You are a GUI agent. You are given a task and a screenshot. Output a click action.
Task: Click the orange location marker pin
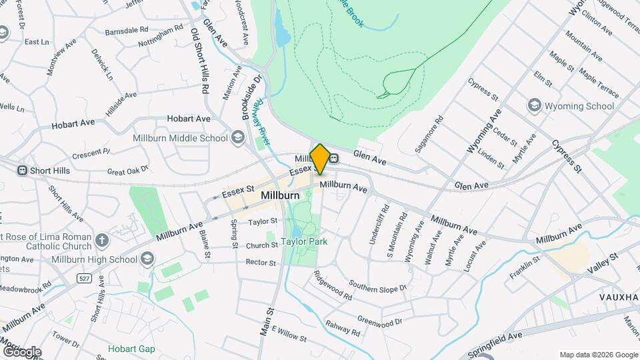(319, 159)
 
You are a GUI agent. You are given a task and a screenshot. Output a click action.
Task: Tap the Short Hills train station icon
(22, 171)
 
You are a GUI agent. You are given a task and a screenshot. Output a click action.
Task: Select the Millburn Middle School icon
(237, 138)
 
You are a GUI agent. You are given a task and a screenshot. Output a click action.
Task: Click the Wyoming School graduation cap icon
(533, 106)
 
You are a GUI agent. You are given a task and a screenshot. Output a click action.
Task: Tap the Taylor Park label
(303, 241)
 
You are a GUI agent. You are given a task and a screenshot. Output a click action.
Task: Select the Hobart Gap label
(132, 349)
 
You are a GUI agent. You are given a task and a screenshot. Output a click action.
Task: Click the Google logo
(22, 351)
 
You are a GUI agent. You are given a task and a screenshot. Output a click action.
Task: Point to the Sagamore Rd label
(429, 136)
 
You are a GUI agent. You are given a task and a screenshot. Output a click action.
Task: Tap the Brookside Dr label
(251, 97)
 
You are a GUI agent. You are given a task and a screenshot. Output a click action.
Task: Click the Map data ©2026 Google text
(598, 355)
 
